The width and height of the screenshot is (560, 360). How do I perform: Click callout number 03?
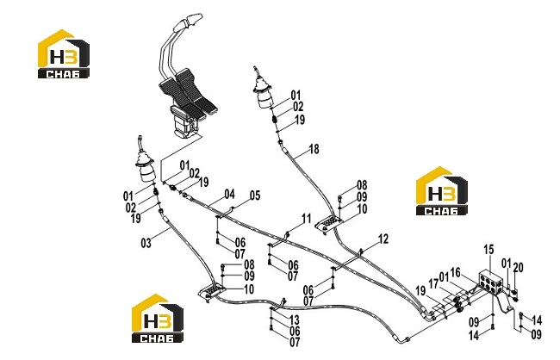click(146, 243)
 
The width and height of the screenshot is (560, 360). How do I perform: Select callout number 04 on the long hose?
click(230, 195)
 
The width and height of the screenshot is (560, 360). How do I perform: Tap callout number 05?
click(255, 196)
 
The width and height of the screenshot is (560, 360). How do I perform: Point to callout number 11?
click(307, 218)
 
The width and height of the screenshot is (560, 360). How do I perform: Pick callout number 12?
click(383, 239)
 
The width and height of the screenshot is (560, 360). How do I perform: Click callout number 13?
click(295, 320)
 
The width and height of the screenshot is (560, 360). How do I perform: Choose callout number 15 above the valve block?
click(489, 249)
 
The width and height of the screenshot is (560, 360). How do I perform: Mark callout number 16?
click(456, 272)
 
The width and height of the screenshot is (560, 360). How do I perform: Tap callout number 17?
click(433, 284)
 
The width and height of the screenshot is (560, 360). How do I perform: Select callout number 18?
click(314, 149)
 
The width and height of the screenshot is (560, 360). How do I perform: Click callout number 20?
click(518, 267)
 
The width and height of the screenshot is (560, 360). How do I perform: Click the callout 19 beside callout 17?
click(420, 291)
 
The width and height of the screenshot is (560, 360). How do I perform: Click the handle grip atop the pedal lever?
click(188, 22)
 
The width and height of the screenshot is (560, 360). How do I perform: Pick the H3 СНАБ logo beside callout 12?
click(442, 191)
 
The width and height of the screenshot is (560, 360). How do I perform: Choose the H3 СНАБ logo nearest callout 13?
click(158, 319)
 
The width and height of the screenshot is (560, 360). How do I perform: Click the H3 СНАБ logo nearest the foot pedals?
click(64, 54)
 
